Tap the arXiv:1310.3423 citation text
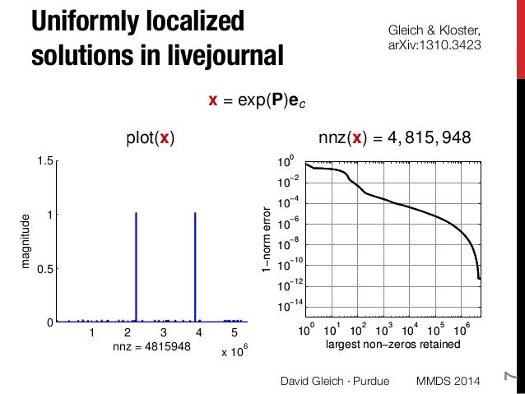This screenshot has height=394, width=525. click(x=434, y=48)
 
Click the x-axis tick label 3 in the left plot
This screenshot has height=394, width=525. click(x=163, y=333)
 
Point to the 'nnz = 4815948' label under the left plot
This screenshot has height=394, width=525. click(x=151, y=348)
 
